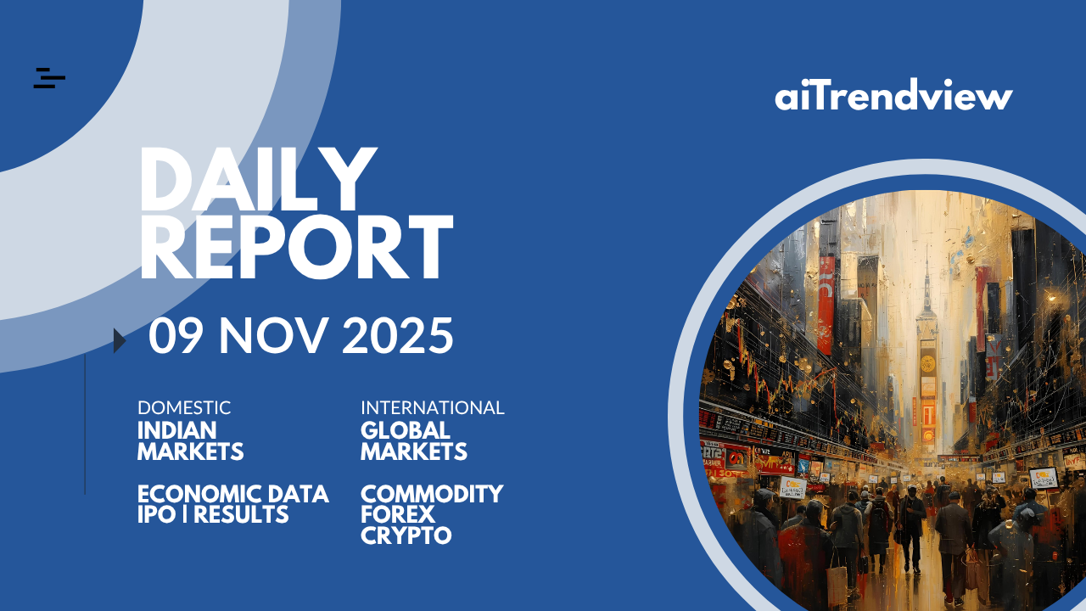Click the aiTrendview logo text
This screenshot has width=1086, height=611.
(893, 94)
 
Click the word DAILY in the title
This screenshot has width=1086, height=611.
(259, 179)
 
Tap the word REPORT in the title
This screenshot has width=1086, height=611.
(297, 247)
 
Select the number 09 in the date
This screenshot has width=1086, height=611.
(176, 335)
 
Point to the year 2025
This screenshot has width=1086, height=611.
(398, 335)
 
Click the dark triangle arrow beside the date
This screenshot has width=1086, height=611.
(120, 340)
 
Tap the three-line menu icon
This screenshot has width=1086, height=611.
(49, 78)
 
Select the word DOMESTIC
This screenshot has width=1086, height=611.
(184, 408)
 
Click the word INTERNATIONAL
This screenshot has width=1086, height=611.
(433, 408)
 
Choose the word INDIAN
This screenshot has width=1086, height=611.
(177, 430)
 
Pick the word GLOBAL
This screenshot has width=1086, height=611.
(406, 430)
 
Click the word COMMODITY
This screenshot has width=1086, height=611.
(432, 494)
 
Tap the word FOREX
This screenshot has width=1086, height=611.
(398, 514)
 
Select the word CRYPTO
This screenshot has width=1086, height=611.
(406, 535)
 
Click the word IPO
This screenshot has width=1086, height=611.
(156, 514)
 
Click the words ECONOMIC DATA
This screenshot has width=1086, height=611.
(233, 494)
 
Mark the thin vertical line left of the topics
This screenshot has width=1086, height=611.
(85, 424)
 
